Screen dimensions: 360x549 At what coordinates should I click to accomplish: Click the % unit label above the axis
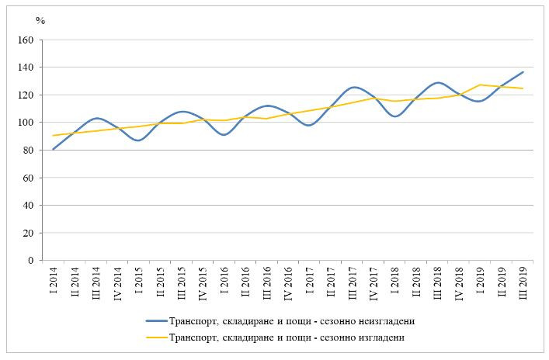tap(40, 21)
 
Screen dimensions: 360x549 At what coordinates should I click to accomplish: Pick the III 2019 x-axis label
tap(523, 282)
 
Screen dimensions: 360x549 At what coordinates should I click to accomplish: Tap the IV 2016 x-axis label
tap(289, 283)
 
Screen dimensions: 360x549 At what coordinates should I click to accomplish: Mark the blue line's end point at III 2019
tap(523, 72)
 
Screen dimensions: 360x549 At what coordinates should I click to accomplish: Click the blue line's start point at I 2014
tap(54, 149)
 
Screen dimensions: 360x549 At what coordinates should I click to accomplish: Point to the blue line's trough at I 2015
tap(138, 140)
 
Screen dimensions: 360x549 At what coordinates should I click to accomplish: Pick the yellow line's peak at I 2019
tap(481, 85)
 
